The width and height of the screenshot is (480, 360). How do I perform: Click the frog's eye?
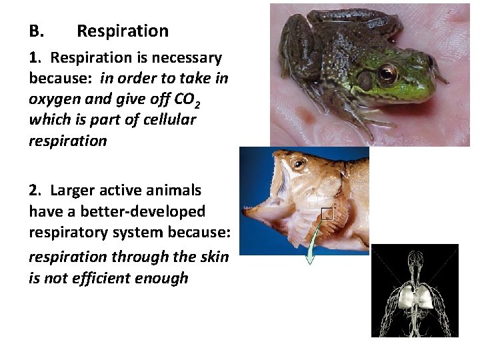point(387,73)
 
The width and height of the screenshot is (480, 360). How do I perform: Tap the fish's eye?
point(299,163)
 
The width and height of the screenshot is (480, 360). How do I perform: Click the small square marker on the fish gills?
point(326,214)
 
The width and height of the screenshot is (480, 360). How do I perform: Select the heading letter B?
point(36,31)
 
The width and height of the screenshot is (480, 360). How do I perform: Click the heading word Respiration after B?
point(123,31)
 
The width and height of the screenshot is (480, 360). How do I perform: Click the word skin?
point(213,257)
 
